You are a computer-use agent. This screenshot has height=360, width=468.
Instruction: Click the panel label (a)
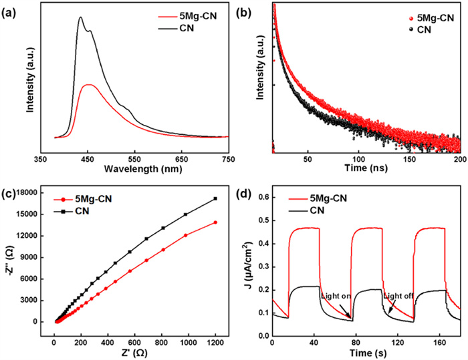[9, 7]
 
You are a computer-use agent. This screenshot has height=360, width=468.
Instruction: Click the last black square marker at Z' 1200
[215, 198]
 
